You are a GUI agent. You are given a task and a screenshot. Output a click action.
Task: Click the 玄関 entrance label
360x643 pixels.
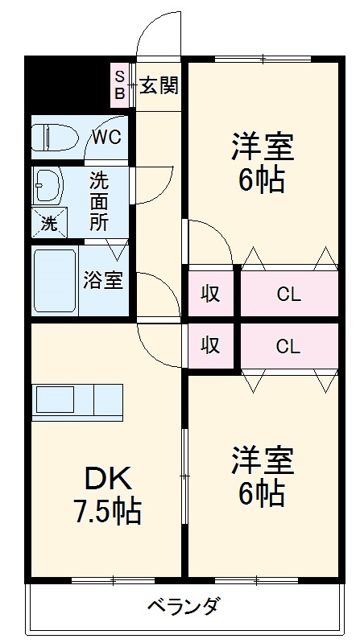click(x=159, y=84)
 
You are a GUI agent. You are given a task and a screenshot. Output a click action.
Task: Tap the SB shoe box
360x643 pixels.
click(x=119, y=84)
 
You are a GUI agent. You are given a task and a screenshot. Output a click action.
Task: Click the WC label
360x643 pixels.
click(x=106, y=137)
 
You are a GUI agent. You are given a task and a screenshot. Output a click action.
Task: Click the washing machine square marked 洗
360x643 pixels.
click(x=49, y=223)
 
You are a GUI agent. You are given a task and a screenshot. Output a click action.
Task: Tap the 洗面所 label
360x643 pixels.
click(x=98, y=201)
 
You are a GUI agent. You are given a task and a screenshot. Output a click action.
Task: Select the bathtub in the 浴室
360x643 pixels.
click(x=55, y=282)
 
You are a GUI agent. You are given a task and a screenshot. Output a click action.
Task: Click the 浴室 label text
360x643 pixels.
click(x=103, y=282)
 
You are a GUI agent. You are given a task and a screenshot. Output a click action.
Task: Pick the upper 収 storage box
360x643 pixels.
click(x=210, y=294)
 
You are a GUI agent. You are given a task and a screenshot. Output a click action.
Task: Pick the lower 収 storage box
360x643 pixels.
click(x=210, y=346)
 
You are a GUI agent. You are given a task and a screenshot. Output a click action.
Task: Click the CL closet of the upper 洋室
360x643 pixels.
click(x=288, y=294)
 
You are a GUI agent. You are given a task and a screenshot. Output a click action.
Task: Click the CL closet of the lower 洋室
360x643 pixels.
click(x=288, y=346)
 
